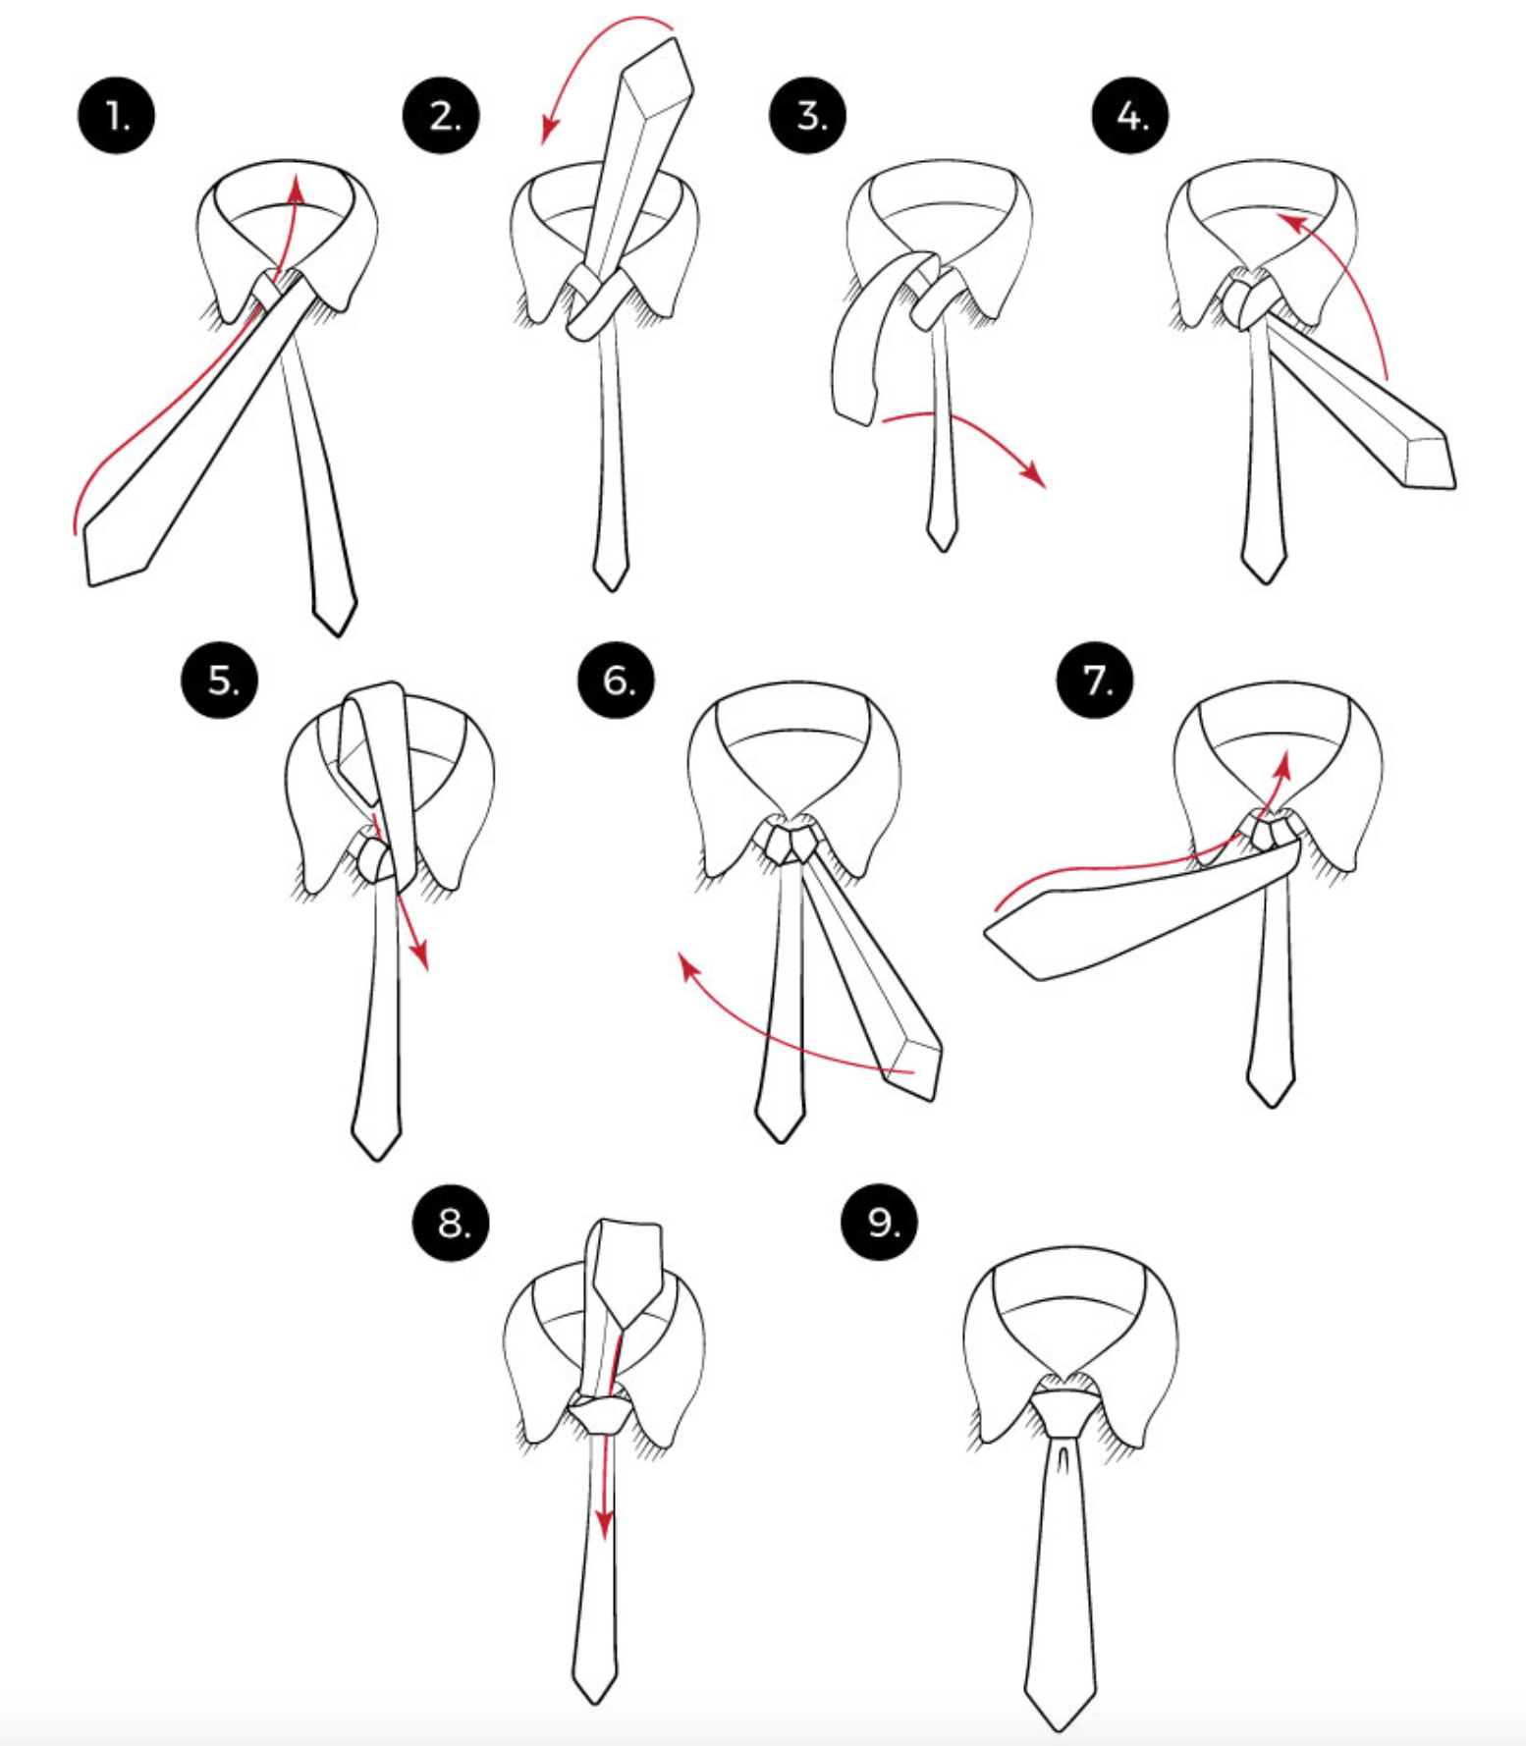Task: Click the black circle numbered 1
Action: pyautogui.click(x=117, y=116)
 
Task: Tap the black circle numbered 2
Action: pyautogui.click(x=442, y=116)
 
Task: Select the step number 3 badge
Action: pyautogui.click(x=808, y=116)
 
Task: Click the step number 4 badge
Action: pyautogui.click(x=1130, y=116)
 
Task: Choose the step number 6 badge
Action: pyautogui.click(x=617, y=680)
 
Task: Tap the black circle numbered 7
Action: pyautogui.click(x=1095, y=680)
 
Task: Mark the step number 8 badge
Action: pyautogui.click(x=452, y=1224)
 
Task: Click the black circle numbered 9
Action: pyautogui.click(x=881, y=1224)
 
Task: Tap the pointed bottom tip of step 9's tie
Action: pyautogui.click(x=1060, y=1723)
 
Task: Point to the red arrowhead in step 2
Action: pyautogui.click(x=550, y=132)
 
